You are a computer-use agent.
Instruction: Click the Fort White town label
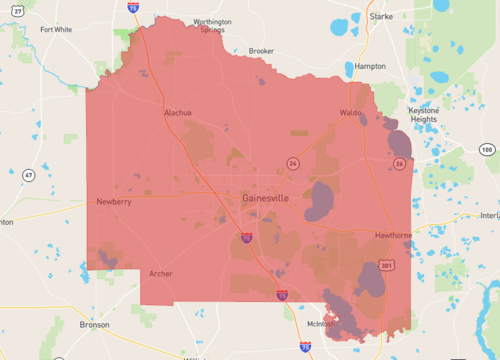(56, 29)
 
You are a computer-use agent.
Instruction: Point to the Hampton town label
(369, 66)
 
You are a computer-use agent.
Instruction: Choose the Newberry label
(113, 201)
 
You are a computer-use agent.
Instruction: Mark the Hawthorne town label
(393, 235)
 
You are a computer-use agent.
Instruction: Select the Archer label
(160, 273)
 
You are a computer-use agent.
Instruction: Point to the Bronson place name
(95, 324)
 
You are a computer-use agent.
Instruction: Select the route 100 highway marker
(486, 149)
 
